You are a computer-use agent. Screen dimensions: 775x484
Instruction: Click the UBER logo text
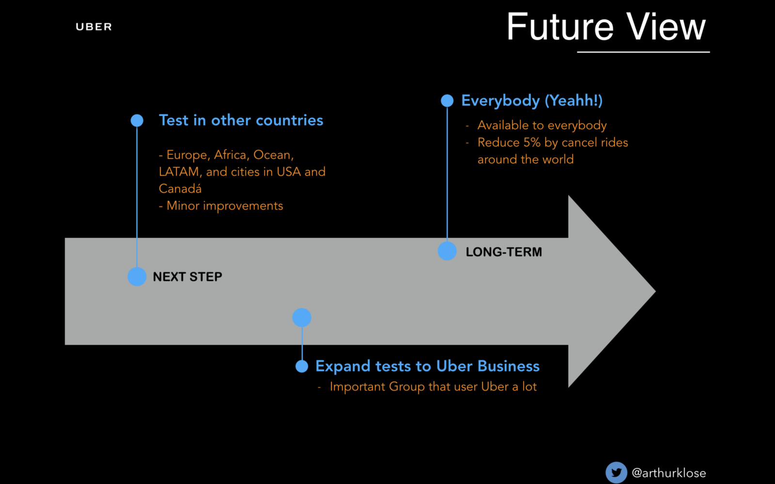tap(94, 27)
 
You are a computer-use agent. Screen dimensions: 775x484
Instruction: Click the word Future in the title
tap(560, 27)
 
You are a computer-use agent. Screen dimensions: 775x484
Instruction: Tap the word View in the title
tap(666, 27)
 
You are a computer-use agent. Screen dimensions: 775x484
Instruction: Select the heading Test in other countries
tap(241, 121)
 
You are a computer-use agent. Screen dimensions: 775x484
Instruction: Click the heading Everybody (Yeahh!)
tap(532, 101)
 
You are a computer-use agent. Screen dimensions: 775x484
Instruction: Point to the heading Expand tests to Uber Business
tap(427, 366)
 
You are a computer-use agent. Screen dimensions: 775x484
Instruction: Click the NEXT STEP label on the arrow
tap(187, 276)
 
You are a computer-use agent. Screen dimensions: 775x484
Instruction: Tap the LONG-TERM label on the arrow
tap(504, 252)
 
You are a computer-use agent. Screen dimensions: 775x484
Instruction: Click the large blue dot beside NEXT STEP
tap(137, 276)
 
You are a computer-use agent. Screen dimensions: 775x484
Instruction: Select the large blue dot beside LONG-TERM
tap(447, 251)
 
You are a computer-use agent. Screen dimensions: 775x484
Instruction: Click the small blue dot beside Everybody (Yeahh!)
tap(447, 101)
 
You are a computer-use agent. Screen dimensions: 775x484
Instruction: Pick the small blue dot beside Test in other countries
tap(137, 121)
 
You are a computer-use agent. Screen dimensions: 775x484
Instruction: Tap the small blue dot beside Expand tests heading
tap(302, 366)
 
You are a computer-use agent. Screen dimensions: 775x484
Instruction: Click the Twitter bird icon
tap(616, 472)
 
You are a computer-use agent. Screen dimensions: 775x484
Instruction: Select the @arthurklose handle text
tap(669, 473)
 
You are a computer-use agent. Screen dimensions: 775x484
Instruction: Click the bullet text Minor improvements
tap(225, 206)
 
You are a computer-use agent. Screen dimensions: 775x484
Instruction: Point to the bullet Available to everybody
tap(542, 125)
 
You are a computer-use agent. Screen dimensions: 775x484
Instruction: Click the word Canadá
tap(180, 189)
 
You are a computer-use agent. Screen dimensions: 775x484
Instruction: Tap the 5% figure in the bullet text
tap(532, 142)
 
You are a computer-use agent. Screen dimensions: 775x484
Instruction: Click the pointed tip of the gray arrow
tap(655, 291)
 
